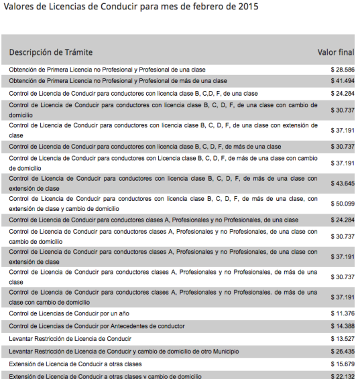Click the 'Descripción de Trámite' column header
51,52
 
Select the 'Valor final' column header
335,52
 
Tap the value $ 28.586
342,70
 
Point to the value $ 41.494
342,81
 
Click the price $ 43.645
342,183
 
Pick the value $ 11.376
342,313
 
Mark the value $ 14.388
342,326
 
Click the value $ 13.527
342,339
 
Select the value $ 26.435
342,352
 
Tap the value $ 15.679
342,364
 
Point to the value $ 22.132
342,376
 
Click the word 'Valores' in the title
20,7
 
